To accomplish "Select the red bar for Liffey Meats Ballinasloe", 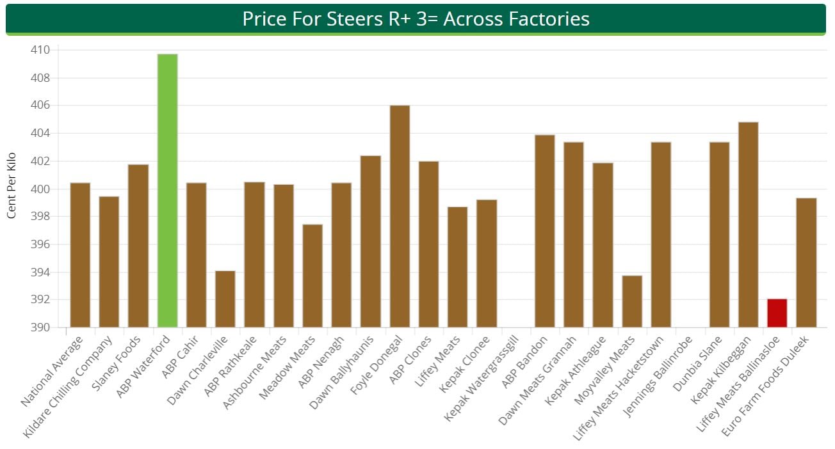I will (777, 313).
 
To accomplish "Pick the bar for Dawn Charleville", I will (225, 299).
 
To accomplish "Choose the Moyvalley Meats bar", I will (632, 301).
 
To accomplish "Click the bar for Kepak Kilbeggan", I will (748, 224).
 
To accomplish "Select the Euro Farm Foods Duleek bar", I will (806, 262).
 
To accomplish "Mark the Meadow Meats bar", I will (312, 276).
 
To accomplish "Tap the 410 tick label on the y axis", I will (40, 50).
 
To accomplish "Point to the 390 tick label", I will (40, 327).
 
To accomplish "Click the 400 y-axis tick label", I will (40, 189).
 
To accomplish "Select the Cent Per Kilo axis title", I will (12, 185).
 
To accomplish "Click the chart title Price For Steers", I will (416, 19).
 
